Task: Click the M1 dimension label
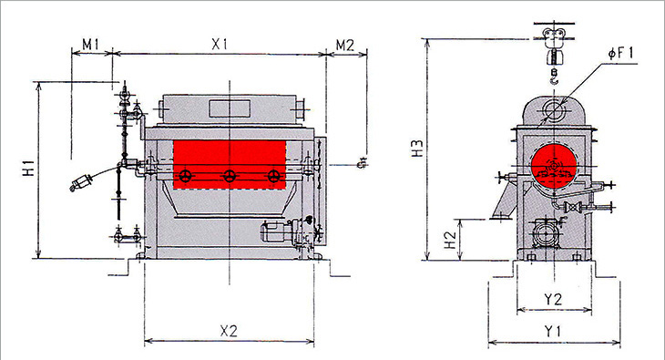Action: [x=90, y=44]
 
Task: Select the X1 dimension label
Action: [x=220, y=44]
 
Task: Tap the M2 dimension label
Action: [x=345, y=45]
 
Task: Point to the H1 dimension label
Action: [x=29, y=169]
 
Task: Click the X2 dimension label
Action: [x=229, y=331]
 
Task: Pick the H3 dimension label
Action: [x=418, y=149]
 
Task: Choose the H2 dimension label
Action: [x=449, y=240]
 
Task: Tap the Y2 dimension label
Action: [x=553, y=299]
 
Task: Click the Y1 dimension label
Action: [x=553, y=331]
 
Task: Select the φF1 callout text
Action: [x=621, y=53]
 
